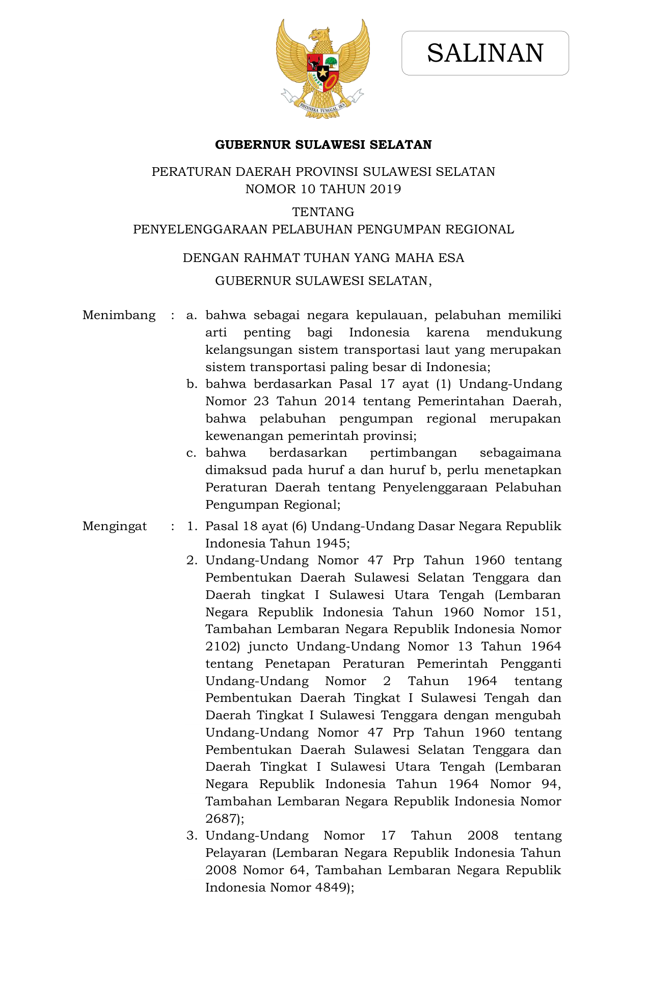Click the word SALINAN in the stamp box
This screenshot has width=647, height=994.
click(x=485, y=53)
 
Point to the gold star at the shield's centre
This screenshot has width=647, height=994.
click(x=323, y=72)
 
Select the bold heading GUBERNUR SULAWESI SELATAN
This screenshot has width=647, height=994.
click(x=323, y=145)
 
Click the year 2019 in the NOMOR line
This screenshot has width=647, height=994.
click(x=386, y=189)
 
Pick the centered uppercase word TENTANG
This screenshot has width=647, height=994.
click(x=323, y=212)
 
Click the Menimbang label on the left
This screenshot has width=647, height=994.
click(x=119, y=315)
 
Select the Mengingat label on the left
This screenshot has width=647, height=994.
click(x=115, y=526)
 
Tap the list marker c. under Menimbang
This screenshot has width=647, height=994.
click(x=192, y=453)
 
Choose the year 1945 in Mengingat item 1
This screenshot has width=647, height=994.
click(x=332, y=543)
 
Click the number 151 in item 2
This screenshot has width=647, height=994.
click(x=548, y=612)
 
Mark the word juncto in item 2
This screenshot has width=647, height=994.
click(x=268, y=646)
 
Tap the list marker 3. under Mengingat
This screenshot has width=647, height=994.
click(x=192, y=835)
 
